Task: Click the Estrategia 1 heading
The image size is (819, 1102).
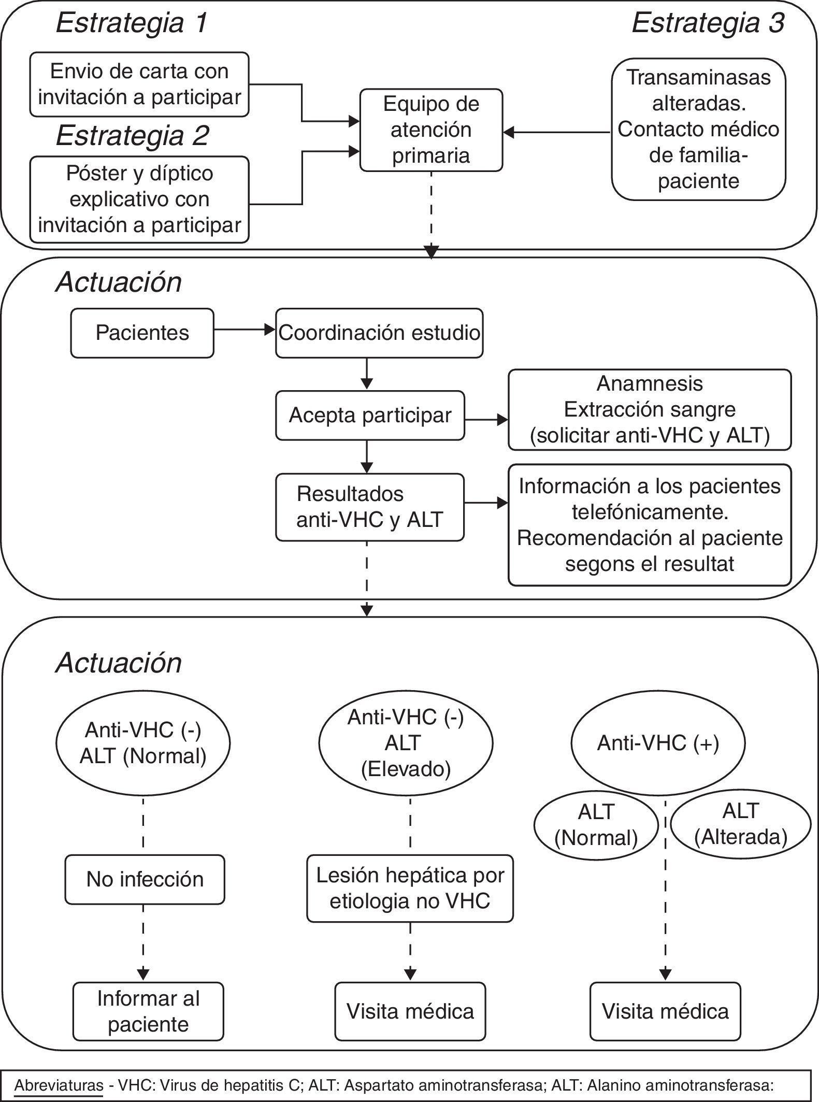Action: pos(132,24)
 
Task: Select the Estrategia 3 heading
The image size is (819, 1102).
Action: pos(708,24)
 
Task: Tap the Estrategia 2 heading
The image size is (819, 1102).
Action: pos(132,136)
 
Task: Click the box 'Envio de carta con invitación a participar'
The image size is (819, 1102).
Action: pos(139,84)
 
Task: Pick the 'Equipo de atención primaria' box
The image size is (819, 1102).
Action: pos(431,130)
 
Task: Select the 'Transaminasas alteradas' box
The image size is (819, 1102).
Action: pos(698,130)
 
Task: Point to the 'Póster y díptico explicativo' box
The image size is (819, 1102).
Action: pos(139,199)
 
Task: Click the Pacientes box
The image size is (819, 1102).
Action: pos(142,333)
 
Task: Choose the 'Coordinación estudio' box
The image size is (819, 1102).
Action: pos(379,333)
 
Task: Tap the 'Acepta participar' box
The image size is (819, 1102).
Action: pos(370,416)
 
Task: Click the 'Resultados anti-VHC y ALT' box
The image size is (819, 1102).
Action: pos(370,507)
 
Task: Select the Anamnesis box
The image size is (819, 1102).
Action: pos(650,410)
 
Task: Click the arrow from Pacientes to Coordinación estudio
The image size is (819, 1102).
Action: pos(244,330)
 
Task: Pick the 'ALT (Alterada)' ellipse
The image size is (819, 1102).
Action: pos(740,824)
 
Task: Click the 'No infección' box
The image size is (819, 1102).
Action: pos(145,879)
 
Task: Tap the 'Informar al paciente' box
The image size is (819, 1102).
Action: pos(148,1011)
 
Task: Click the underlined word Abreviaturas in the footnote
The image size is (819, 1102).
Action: pos(59,1085)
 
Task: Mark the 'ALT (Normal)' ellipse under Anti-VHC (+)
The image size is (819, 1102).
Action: pos(596,825)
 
